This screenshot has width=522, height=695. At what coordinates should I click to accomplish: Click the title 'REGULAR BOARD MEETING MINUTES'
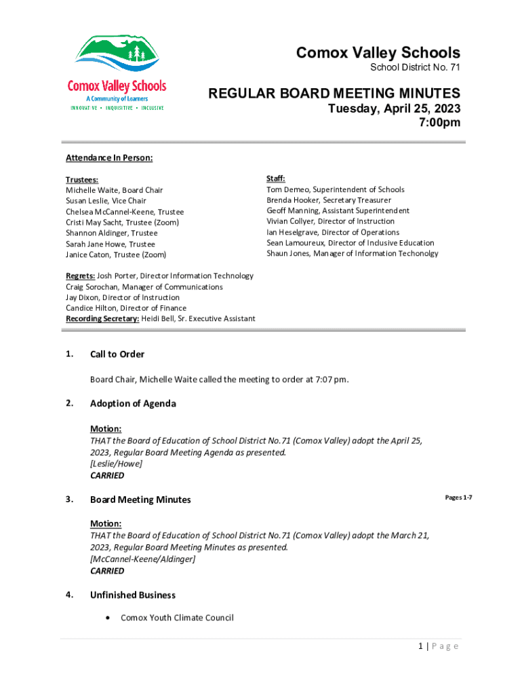[x=334, y=94]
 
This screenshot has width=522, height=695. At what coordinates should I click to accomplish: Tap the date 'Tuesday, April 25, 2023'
[x=394, y=109]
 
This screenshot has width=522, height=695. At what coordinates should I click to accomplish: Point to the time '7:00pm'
[x=440, y=123]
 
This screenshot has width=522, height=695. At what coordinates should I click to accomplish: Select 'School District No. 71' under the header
[x=415, y=68]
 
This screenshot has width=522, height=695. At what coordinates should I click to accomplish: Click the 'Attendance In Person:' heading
[x=109, y=158]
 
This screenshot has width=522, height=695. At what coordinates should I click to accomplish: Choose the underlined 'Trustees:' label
[x=82, y=180]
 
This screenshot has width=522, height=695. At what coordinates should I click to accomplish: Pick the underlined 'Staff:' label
[x=276, y=179]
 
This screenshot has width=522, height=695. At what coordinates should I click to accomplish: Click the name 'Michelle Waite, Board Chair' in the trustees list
[x=114, y=190]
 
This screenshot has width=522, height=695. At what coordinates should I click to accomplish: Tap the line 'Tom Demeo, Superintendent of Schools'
[x=335, y=189]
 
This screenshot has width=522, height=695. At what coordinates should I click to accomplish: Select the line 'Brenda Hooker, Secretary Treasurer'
[x=328, y=200]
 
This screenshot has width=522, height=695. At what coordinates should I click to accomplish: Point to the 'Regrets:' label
[x=80, y=276]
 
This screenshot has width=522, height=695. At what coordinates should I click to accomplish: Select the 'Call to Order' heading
[x=117, y=354]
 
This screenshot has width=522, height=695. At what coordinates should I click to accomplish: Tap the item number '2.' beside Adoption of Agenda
[x=70, y=403]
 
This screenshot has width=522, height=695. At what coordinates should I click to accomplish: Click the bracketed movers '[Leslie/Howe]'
[x=116, y=464]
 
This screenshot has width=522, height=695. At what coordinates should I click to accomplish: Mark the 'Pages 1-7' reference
[x=458, y=498]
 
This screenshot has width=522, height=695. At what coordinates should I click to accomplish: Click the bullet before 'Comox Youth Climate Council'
[x=108, y=618]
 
